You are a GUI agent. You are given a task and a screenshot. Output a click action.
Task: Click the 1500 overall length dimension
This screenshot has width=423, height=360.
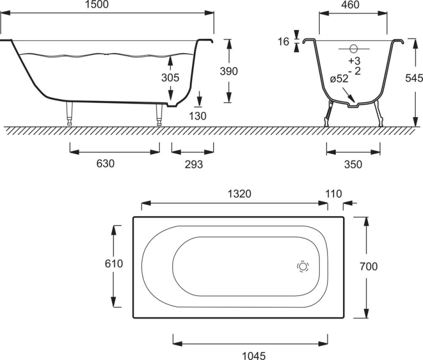(x=97, y=4)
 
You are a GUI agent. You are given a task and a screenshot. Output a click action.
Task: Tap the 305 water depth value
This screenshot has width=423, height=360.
(x=170, y=78)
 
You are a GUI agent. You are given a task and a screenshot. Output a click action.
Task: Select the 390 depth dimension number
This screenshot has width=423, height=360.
(x=229, y=71)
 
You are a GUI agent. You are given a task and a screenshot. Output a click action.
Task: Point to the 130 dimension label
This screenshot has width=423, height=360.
(x=198, y=116)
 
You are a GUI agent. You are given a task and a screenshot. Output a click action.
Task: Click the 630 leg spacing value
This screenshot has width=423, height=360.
(x=105, y=164)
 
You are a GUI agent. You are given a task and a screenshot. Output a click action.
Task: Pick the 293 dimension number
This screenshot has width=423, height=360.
(x=194, y=164)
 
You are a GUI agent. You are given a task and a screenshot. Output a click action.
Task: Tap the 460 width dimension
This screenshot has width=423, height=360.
(x=350, y=4)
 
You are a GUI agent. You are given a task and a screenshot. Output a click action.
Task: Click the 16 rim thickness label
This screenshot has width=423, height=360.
(x=283, y=42)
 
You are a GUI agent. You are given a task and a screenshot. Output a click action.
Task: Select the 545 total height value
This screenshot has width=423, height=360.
(x=414, y=78)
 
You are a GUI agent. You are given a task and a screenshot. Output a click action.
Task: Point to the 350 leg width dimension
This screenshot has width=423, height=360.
(x=353, y=164)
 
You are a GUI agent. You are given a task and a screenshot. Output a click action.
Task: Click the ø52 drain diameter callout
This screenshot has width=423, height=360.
(x=339, y=79)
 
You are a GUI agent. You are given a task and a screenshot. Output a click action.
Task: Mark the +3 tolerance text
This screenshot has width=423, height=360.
(x=354, y=60)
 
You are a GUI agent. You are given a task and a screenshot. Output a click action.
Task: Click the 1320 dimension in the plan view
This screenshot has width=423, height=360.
(x=240, y=194)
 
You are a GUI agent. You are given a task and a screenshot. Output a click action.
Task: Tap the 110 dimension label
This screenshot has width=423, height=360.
(x=334, y=194)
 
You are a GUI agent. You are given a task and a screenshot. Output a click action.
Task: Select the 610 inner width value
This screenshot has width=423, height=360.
(x=114, y=263)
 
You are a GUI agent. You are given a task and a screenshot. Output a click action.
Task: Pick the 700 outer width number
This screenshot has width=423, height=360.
(x=369, y=266)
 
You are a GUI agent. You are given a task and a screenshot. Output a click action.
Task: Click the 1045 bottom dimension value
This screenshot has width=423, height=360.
(x=254, y=356)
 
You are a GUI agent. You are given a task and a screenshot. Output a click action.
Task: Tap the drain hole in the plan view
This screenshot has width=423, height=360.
(x=303, y=266)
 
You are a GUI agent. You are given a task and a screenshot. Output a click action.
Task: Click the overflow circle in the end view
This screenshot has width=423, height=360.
(x=353, y=49)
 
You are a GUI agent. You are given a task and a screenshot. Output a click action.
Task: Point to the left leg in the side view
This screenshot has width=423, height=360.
(x=69, y=114)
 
